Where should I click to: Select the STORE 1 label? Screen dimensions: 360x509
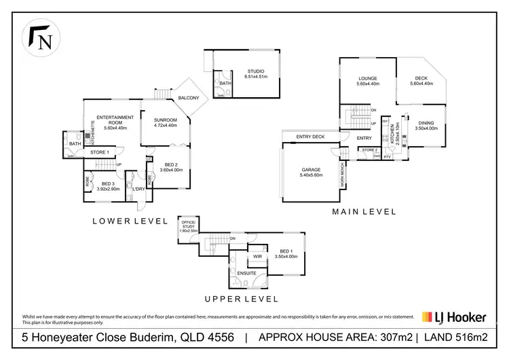point(100,152)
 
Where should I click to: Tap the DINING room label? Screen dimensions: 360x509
point(426,123)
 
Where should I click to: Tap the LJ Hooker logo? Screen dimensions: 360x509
point(460,317)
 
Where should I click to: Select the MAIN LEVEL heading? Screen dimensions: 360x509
point(364,212)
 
